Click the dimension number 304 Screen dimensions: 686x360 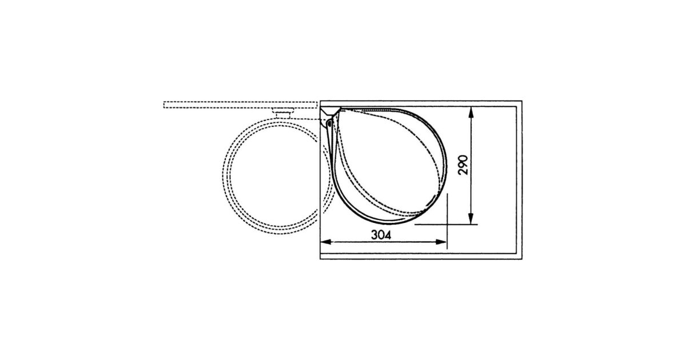(x=381, y=235)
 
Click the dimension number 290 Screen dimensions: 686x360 (x=463, y=165)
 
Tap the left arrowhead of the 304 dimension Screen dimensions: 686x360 (x=325, y=242)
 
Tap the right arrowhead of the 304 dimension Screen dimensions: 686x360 (x=441, y=242)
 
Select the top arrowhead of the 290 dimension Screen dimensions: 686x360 (x=471, y=112)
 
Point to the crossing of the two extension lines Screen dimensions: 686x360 (x=447, y=225)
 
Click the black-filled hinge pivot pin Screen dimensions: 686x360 (x=329, y=123)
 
